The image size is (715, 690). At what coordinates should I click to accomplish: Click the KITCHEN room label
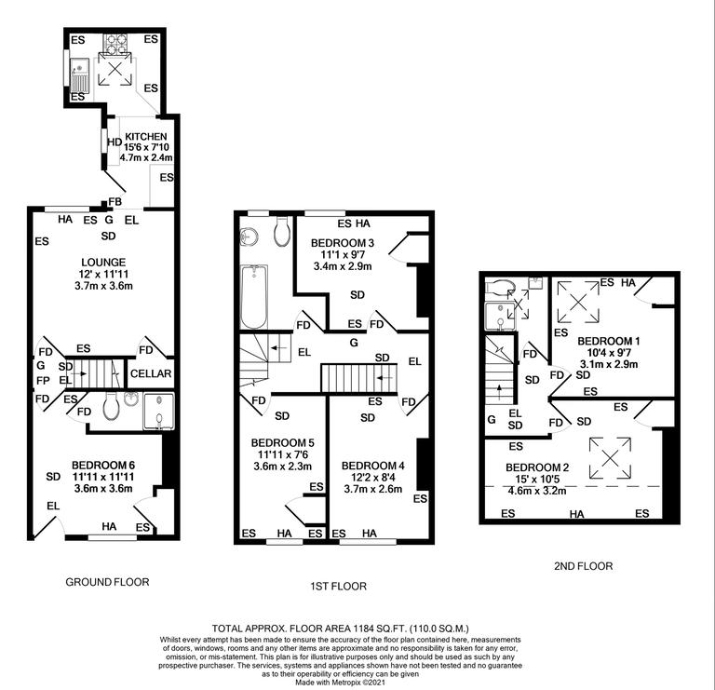[x=146, y=137]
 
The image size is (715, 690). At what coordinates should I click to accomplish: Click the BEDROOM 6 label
[x=102, y=463]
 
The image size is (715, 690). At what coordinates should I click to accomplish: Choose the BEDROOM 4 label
[x=371, y=465]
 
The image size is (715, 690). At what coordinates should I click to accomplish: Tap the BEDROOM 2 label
[x=535, y=467]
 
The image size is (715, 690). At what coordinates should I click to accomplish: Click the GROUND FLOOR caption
[x=107, y=582]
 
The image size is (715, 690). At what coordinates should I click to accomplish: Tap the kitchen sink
[x=78, y=70]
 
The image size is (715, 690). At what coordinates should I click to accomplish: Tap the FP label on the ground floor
[x=41, y=381]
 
